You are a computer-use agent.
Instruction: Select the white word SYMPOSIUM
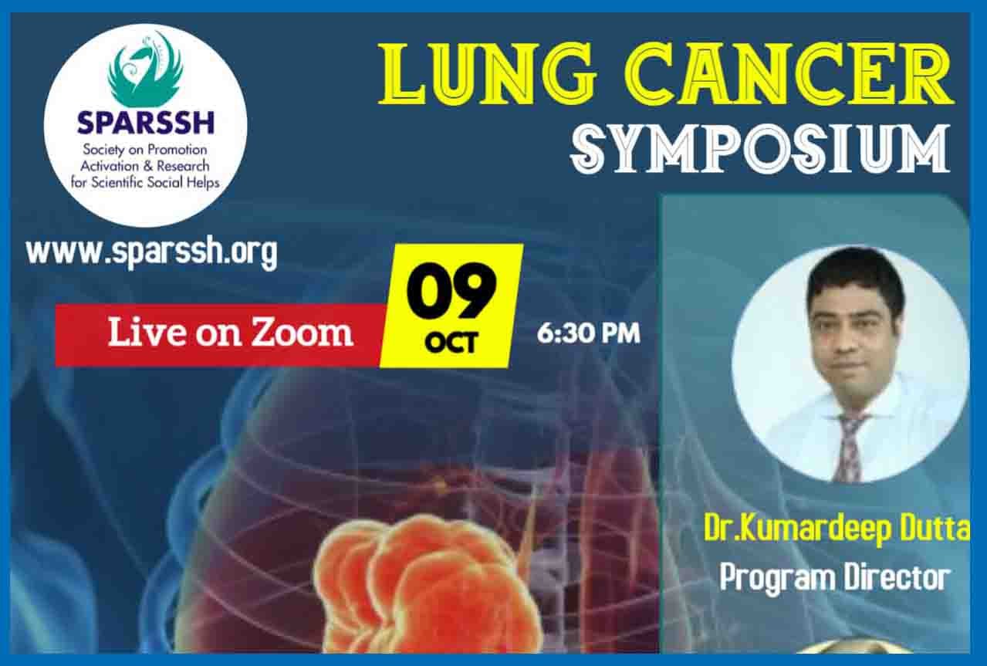(759, 148)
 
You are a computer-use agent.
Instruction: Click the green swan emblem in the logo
(145, 69)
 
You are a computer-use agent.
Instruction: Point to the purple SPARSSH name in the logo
(145, 122)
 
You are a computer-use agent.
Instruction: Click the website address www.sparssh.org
(151, 252)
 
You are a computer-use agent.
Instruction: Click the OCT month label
(451, 343)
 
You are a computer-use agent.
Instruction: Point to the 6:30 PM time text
(589, 333)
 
